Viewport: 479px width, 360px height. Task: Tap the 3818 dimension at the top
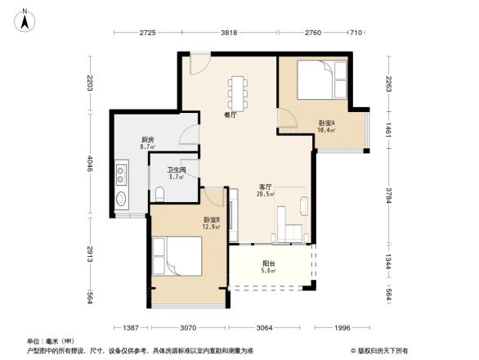[x=230, y=33]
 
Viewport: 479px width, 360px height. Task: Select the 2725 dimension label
[x=147, y=33]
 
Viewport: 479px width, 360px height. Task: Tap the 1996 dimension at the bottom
[x=342, y=328]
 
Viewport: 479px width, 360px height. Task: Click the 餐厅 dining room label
[x=231, y=115]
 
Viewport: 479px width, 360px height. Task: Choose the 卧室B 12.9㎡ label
[x=212, y=223]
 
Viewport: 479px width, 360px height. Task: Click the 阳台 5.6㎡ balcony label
[x=268, y=267]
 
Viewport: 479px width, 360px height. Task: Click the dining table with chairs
[x=239, y=92]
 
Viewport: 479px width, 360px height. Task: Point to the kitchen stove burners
[x=121, y=173]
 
